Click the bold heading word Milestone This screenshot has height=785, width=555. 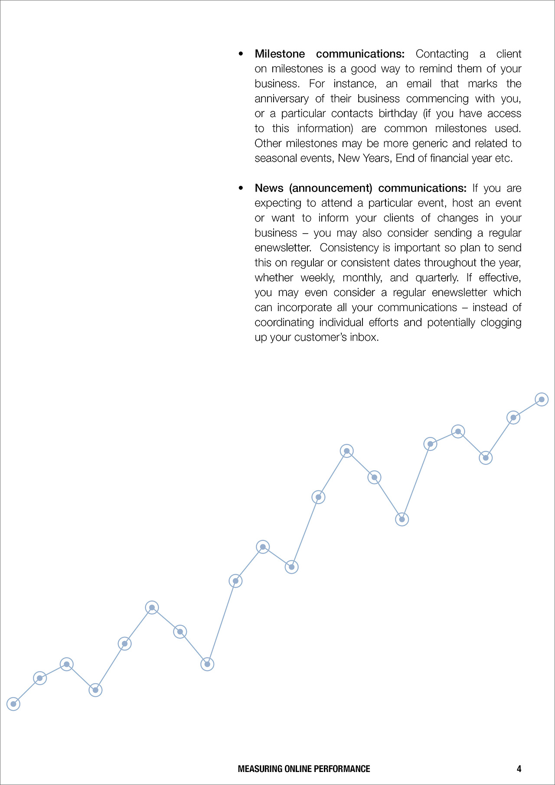point(280,54)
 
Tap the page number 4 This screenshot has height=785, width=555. point(519,769)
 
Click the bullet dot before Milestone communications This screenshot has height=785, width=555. point(241,54)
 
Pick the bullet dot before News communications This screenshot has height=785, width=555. point(241,188)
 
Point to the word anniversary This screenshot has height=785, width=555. point(281,99)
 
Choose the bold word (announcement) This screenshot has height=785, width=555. point(331,188)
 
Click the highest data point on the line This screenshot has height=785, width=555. point(542,399)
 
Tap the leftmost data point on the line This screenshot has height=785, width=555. point(13,704)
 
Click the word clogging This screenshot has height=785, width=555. point(501,322)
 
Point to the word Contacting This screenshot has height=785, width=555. point(442,54)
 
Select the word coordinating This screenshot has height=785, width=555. point(284,322)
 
